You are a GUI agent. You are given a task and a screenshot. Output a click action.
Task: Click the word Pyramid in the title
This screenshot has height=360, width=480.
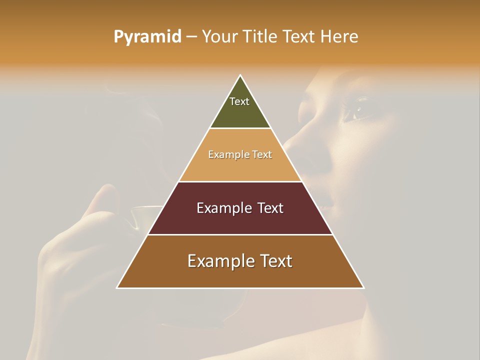tap(147, 37)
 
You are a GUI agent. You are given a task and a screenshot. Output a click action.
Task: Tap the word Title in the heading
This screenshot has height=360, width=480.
tap(260, 37)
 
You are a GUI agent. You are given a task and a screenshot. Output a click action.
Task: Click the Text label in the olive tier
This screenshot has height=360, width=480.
tap(239, 101)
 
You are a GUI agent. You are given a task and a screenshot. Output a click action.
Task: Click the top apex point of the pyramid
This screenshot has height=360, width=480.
tap(240, 75)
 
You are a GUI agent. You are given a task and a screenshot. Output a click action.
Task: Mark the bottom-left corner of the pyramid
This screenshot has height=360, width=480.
tap(117, 288)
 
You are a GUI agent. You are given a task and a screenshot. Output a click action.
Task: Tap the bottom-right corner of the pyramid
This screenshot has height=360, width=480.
tap(363, 288)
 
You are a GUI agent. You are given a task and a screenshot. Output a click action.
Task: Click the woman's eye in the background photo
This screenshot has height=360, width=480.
tap(358, 108)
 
